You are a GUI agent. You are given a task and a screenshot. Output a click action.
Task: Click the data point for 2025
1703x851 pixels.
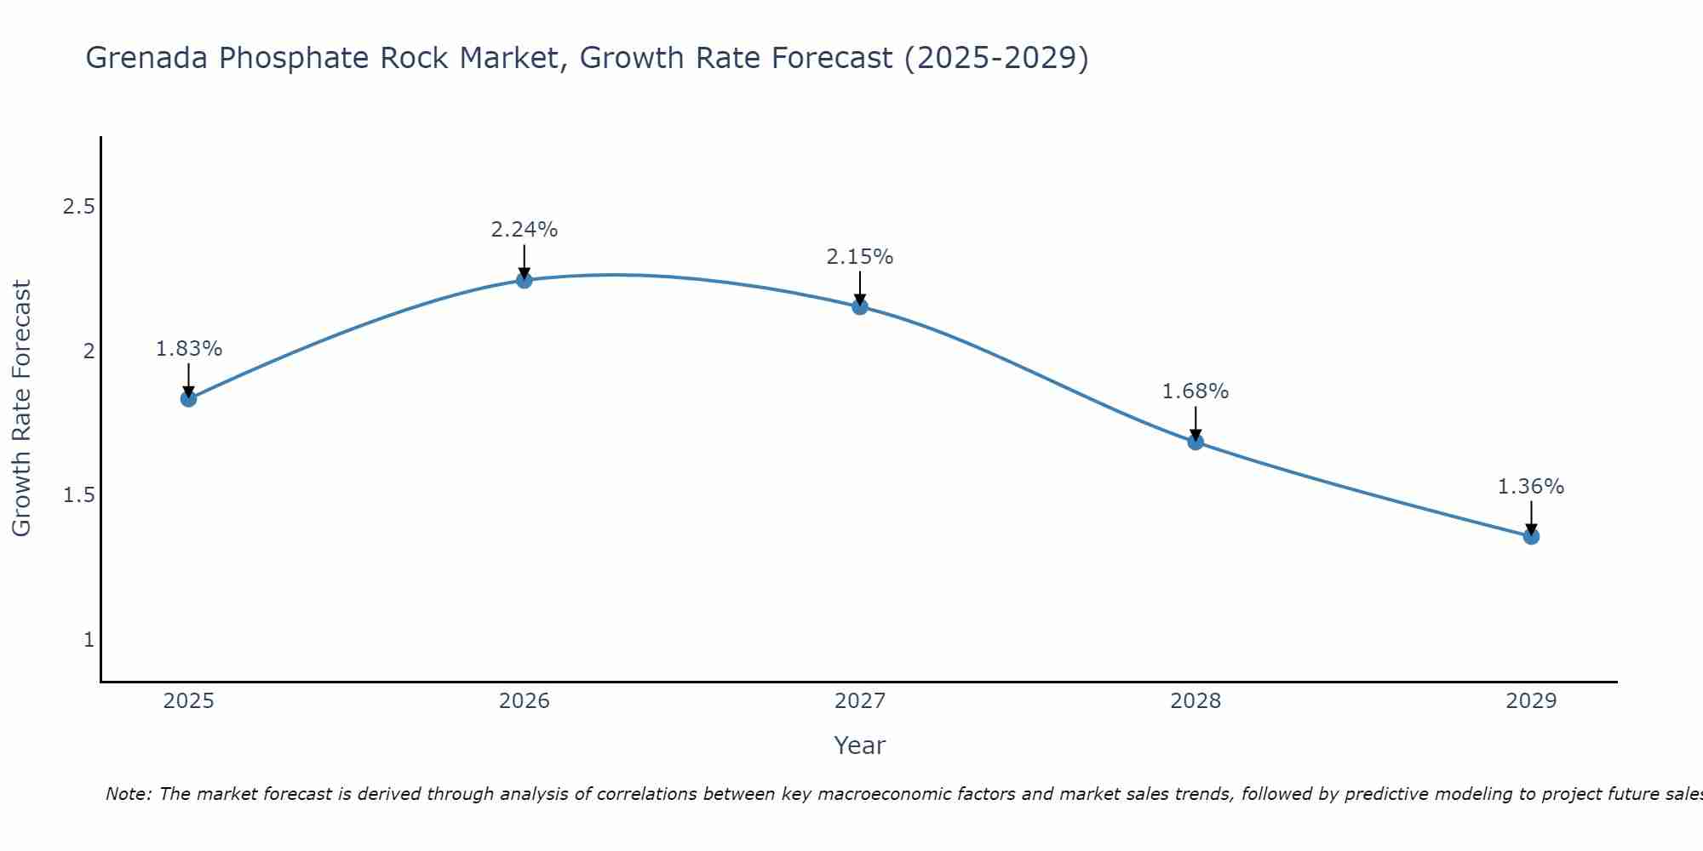click(189, 398)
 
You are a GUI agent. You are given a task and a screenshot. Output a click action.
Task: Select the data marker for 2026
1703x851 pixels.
click(525, 280)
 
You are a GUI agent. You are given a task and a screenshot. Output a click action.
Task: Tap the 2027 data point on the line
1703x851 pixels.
click(860, 306)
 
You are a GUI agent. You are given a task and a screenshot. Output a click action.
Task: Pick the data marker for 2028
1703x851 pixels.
click(1196, 442)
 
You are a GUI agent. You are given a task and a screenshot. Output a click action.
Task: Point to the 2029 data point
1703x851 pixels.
click(1531, 536)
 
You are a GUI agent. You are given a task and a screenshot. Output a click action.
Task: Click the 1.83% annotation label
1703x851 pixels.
click(189, 349)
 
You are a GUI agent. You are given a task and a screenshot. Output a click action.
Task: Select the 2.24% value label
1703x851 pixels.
click(525, 230)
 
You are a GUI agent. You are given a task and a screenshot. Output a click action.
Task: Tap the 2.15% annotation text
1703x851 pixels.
click(860, 257)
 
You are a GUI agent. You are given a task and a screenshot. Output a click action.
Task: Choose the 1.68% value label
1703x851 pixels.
click(1196, 391)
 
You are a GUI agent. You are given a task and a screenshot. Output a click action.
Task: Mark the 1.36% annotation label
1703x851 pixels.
click(1531, 487)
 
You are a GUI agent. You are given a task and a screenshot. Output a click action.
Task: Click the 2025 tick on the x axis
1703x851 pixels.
click(189, 701)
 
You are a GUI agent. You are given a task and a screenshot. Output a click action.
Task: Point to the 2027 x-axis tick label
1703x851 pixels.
click(860, 701)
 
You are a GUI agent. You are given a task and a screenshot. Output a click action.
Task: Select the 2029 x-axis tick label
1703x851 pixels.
click(1531, 701)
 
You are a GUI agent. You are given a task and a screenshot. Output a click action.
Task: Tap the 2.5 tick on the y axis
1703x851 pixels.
click(78, 207)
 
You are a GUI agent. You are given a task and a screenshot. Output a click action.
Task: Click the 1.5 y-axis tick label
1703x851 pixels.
click(78, 495)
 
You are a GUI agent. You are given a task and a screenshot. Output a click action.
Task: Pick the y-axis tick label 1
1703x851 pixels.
click(89, 639)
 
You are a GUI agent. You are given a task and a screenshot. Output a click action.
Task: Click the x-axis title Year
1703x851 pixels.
click(860, 745)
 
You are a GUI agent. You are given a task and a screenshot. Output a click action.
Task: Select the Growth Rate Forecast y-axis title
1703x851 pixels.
click(22, 408)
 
